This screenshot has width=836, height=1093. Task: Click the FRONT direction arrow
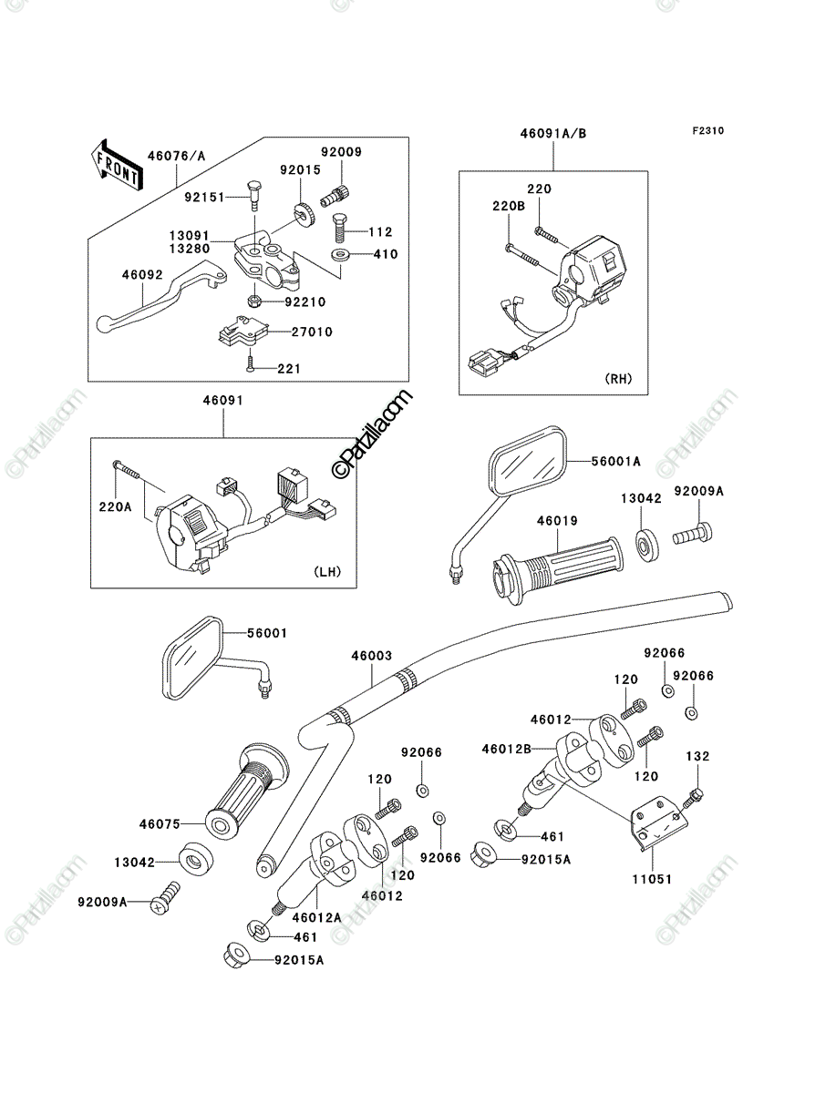[x=117, y=164]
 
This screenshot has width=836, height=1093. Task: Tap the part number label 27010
[x=312, y=332]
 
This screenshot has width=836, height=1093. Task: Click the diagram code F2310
[x=707, y=131]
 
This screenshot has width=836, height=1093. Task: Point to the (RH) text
[x=619, y=379]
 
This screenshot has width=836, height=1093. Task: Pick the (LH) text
[x=327, y=572]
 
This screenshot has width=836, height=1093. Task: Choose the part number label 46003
[x=372, y=657]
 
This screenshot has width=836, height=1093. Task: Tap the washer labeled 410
[x=339, y=254]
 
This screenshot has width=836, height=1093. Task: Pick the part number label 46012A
[x=317, y=917]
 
